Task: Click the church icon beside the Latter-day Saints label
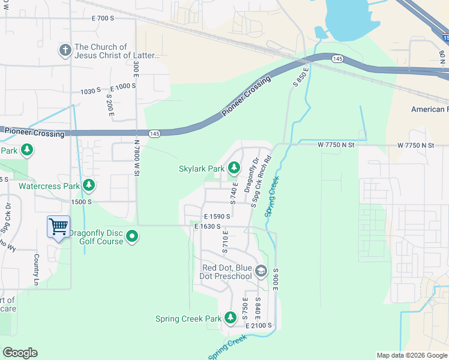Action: (65, 51)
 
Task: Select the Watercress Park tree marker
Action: (89, 185)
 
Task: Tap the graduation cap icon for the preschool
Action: (261, 272)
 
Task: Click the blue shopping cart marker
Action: (58, 227)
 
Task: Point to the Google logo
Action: (20, 353)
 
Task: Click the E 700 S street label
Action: (103, 19)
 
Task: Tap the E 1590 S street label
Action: (217, 215)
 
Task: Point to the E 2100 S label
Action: (259, 325)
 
